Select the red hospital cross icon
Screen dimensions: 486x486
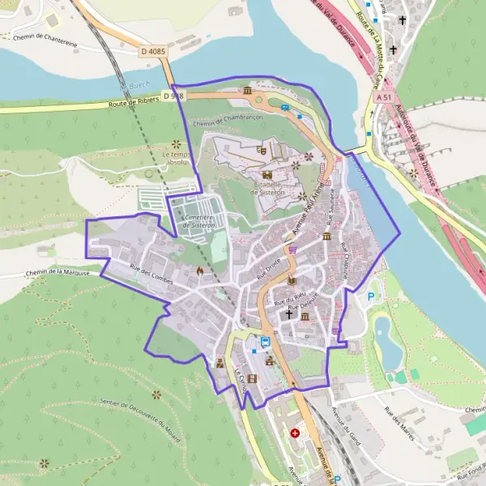coord(296,433)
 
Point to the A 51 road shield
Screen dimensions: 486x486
coord(384,97)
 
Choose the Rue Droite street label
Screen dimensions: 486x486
coord(268,267)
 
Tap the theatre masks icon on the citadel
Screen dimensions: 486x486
coord(262,150)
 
